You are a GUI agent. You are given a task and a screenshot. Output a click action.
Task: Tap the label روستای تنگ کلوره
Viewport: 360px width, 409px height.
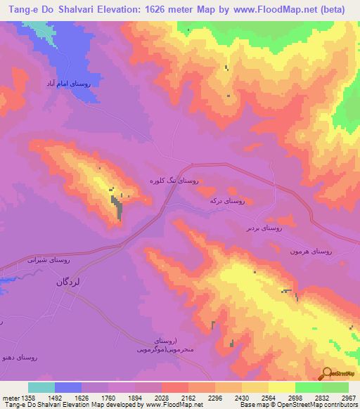173,181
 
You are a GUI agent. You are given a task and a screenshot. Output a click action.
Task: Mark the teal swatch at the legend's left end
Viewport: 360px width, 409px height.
41,387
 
